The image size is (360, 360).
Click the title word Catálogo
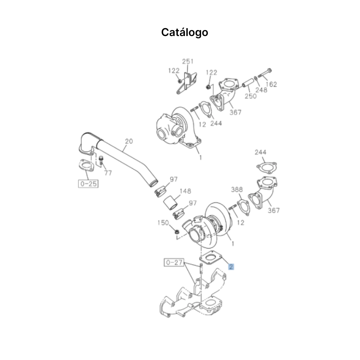click(x=184, y=32)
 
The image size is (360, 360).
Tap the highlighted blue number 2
click(x=231, y=266)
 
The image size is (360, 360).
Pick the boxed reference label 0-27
click(x=174, y=263)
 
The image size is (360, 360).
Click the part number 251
click(x=188, y=61)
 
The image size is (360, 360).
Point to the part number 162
click(x=271, y=84)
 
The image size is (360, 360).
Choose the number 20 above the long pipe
click(x=129, y=141)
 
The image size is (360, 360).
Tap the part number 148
click(x=185, y=191)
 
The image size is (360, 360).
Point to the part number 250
click(x=250, y=96)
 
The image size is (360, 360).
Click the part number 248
click(x=261, y=90)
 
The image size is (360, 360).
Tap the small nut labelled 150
click(x=177, y=232)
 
